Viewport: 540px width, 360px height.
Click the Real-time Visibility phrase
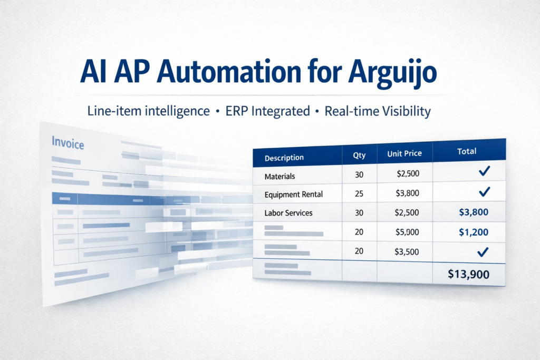378,112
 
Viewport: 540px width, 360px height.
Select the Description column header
284,158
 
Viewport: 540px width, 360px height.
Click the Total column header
467,151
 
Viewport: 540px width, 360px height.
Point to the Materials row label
279,176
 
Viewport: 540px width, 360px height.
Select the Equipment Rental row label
294,194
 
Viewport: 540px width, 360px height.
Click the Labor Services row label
288,213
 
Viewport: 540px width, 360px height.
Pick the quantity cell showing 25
360,193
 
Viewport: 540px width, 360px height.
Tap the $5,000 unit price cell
407,232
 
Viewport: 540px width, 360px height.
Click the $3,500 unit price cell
407,251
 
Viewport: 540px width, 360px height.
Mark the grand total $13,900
468,274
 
